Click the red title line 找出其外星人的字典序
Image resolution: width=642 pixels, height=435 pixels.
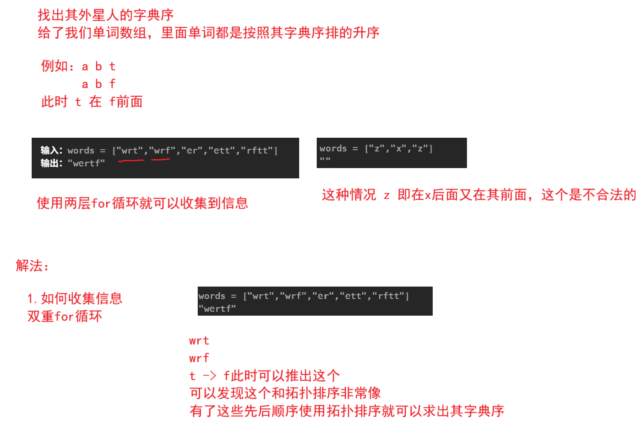coord(105,15)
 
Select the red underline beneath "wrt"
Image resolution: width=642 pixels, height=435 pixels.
coord(131,161)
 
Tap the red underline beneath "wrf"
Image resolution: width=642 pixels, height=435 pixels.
coord(160,160)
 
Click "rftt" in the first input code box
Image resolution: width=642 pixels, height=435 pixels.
coord(258,151)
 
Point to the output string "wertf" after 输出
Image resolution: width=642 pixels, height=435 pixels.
coord(86,163)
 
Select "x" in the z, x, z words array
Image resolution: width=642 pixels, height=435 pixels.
coord(398,149)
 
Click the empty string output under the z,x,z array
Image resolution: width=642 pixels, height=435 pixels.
coord(325,160)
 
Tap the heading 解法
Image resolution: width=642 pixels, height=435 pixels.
coord(32,266)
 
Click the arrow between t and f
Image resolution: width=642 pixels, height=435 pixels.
coord(210,376)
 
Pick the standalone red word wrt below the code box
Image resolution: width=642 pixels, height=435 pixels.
coord(199,341)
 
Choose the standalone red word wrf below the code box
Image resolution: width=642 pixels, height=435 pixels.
coord(199,358)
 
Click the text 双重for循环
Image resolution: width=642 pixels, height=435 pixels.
coord(65,317)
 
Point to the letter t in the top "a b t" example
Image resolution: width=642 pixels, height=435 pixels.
coord(112,66)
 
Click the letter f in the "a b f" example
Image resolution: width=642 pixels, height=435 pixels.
coord(112,84)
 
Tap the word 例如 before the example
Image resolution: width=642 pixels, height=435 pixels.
coord(54,66)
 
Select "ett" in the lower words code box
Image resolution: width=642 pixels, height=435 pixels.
coord(353,296)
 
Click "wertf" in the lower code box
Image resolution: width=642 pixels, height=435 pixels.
coord(217,309)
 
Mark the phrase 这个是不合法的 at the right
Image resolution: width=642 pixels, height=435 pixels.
coord(588,195)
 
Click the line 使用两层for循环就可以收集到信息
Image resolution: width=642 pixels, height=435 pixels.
coord(143,203)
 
